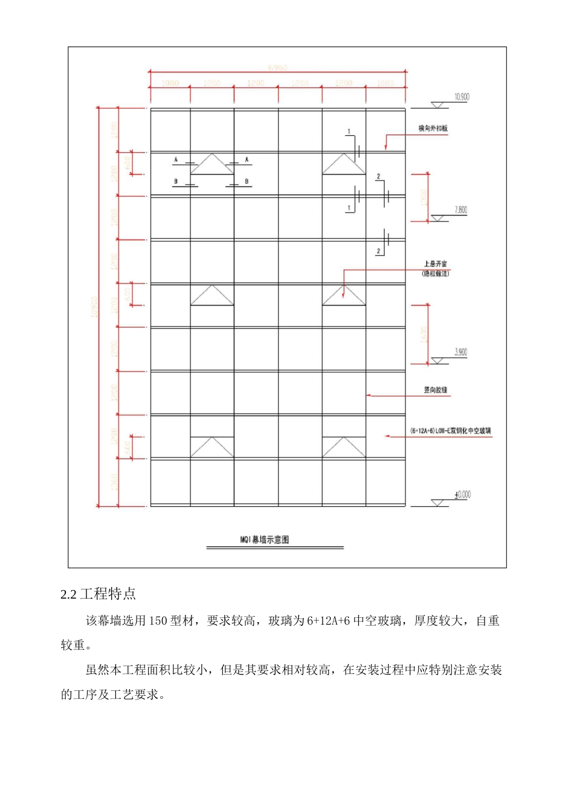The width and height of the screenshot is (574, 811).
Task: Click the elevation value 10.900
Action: click(462, 97)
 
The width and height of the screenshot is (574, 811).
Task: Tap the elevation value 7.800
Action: click(460, 210)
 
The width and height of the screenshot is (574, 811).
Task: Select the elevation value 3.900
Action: click(460, 352)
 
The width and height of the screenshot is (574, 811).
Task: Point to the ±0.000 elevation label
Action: click(462, 495)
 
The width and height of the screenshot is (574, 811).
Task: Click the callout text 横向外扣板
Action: click(433, 129)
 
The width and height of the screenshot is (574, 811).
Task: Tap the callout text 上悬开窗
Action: click(435, 264)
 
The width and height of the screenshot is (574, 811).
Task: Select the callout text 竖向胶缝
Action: click(436, 390)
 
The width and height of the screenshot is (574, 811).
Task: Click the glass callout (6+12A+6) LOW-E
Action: click(451, 431)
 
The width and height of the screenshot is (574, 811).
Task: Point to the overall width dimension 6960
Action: click(278, 67)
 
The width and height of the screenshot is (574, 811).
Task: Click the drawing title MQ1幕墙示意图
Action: click(265, 539)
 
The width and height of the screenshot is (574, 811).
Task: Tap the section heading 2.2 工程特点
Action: click(98, 594)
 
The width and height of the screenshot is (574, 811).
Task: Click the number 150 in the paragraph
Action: click(158, 621)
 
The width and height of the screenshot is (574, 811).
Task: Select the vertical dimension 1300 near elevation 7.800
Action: click(423, 197)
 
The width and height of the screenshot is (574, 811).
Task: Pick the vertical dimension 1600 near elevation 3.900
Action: click(423, 334)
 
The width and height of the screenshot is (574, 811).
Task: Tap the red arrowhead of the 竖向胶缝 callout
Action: click(369, 396)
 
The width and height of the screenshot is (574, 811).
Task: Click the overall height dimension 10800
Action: click(94, 307)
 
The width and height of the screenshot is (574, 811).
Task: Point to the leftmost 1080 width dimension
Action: click(170, 83)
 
